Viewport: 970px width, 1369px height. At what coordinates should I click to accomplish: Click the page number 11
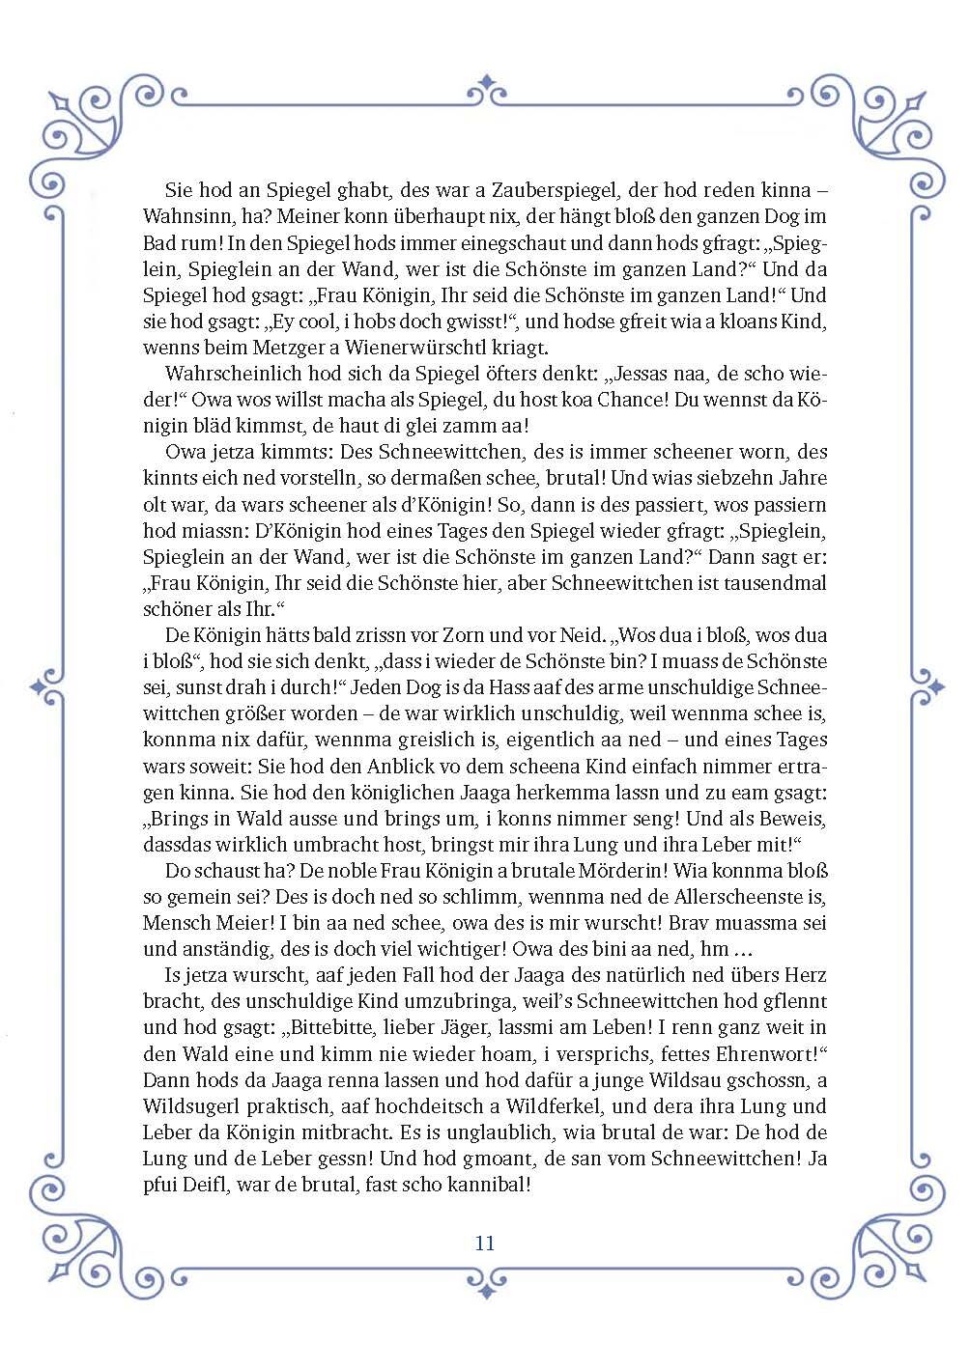pos(485,1243)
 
